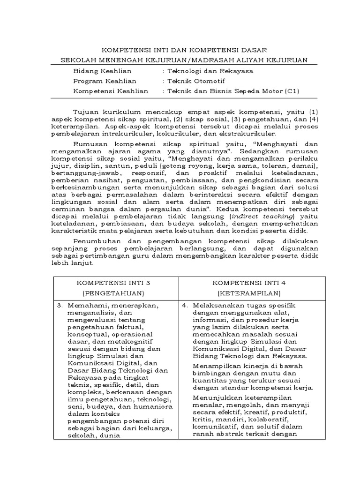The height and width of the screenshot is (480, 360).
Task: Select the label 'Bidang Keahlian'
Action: pyautogui.click(x=102, y=71)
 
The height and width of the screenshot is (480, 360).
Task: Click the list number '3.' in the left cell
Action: pyautogui.click(x=60, y=305)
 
